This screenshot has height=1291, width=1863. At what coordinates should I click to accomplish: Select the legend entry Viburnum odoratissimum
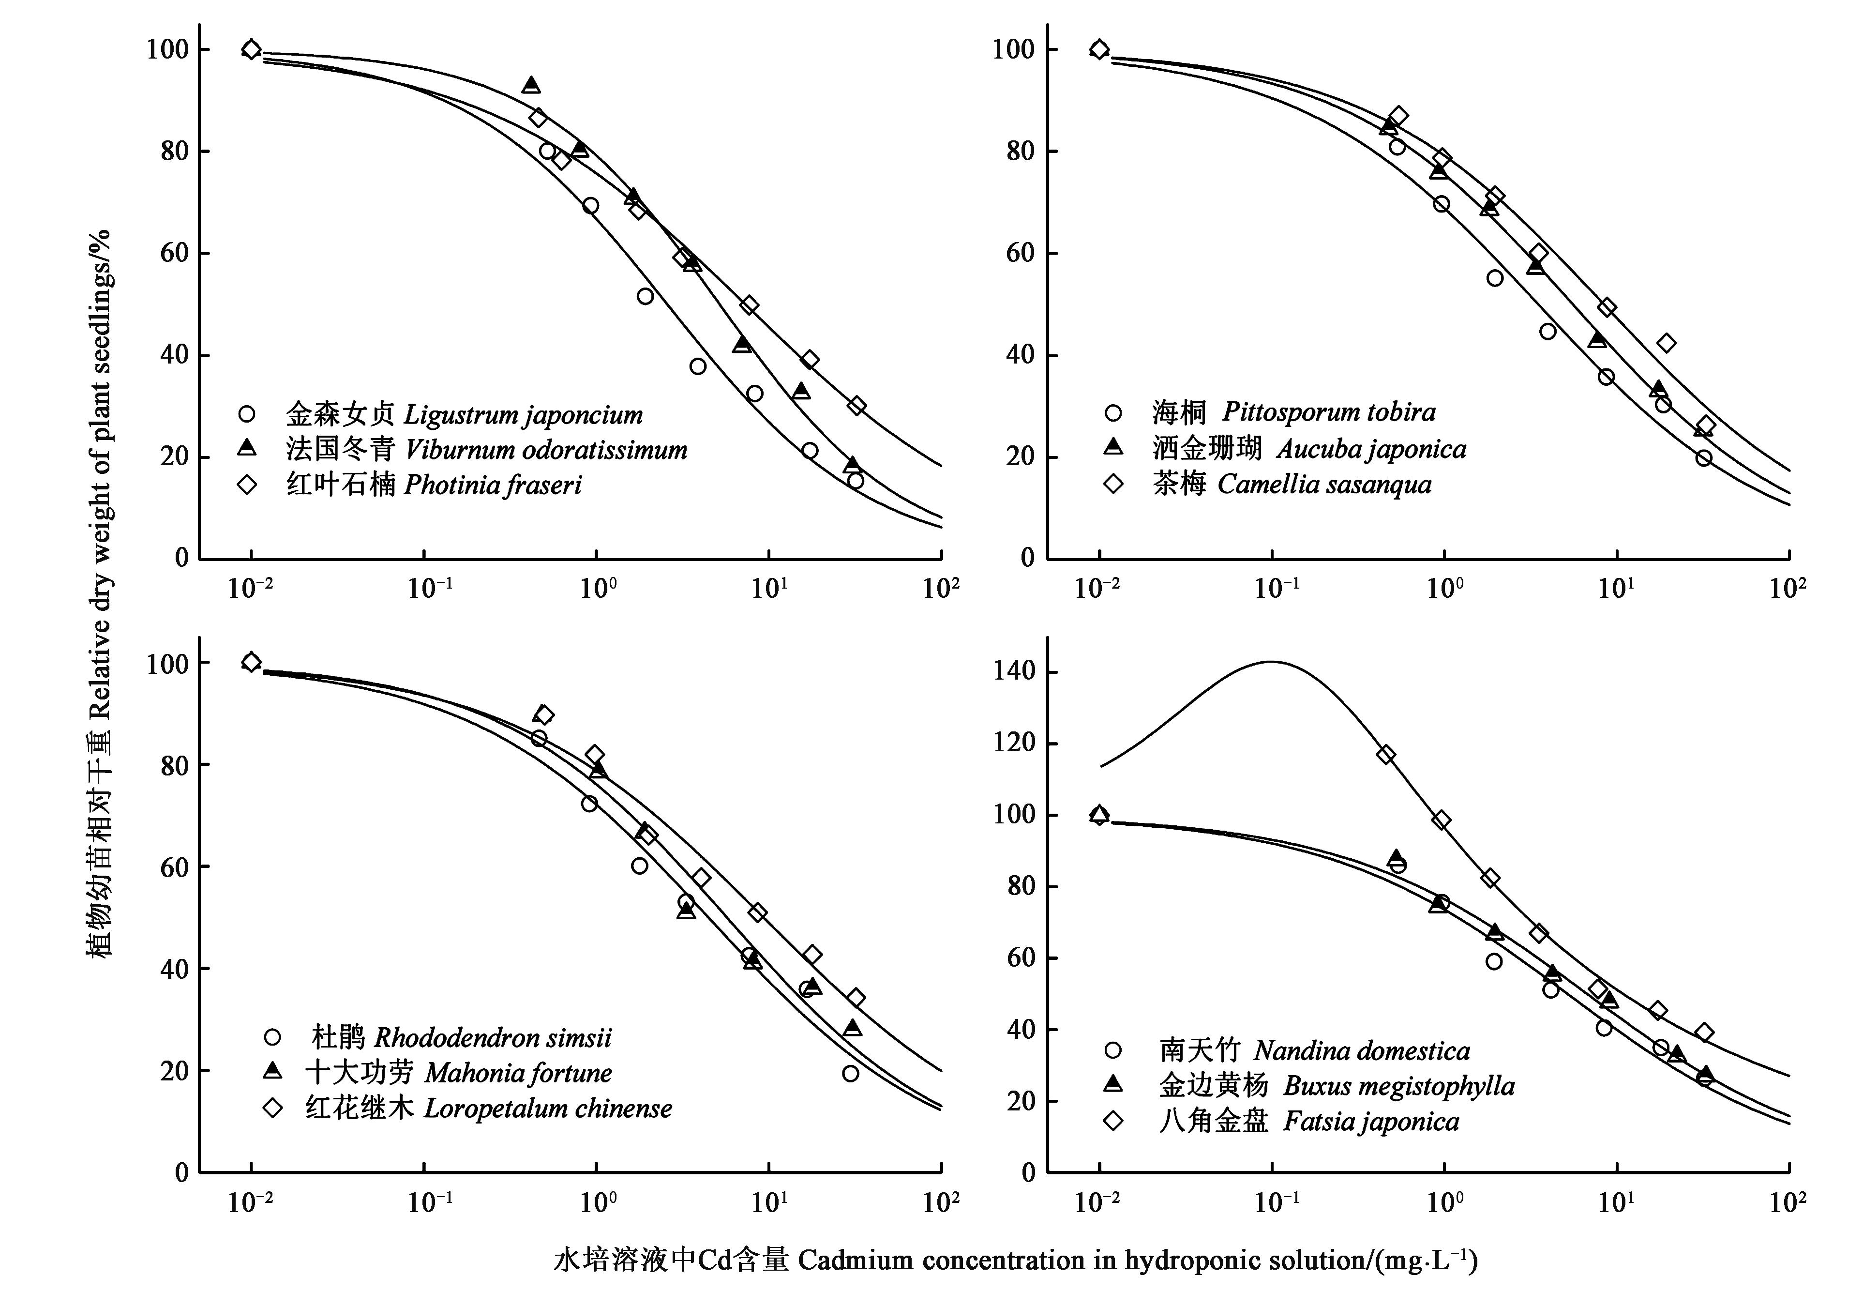[x=486, y=450]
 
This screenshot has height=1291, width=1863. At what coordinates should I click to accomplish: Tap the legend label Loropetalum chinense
[x=488, y=1108]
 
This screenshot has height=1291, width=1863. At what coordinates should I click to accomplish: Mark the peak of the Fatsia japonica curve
[x=1271, y=662]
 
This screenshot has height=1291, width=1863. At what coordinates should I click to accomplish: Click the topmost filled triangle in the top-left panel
[x=531, y=85]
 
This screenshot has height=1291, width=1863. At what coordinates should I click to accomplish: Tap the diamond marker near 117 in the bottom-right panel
[x=1386, y=755]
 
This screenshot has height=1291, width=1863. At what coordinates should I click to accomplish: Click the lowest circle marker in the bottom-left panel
[x=850, y=1073]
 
